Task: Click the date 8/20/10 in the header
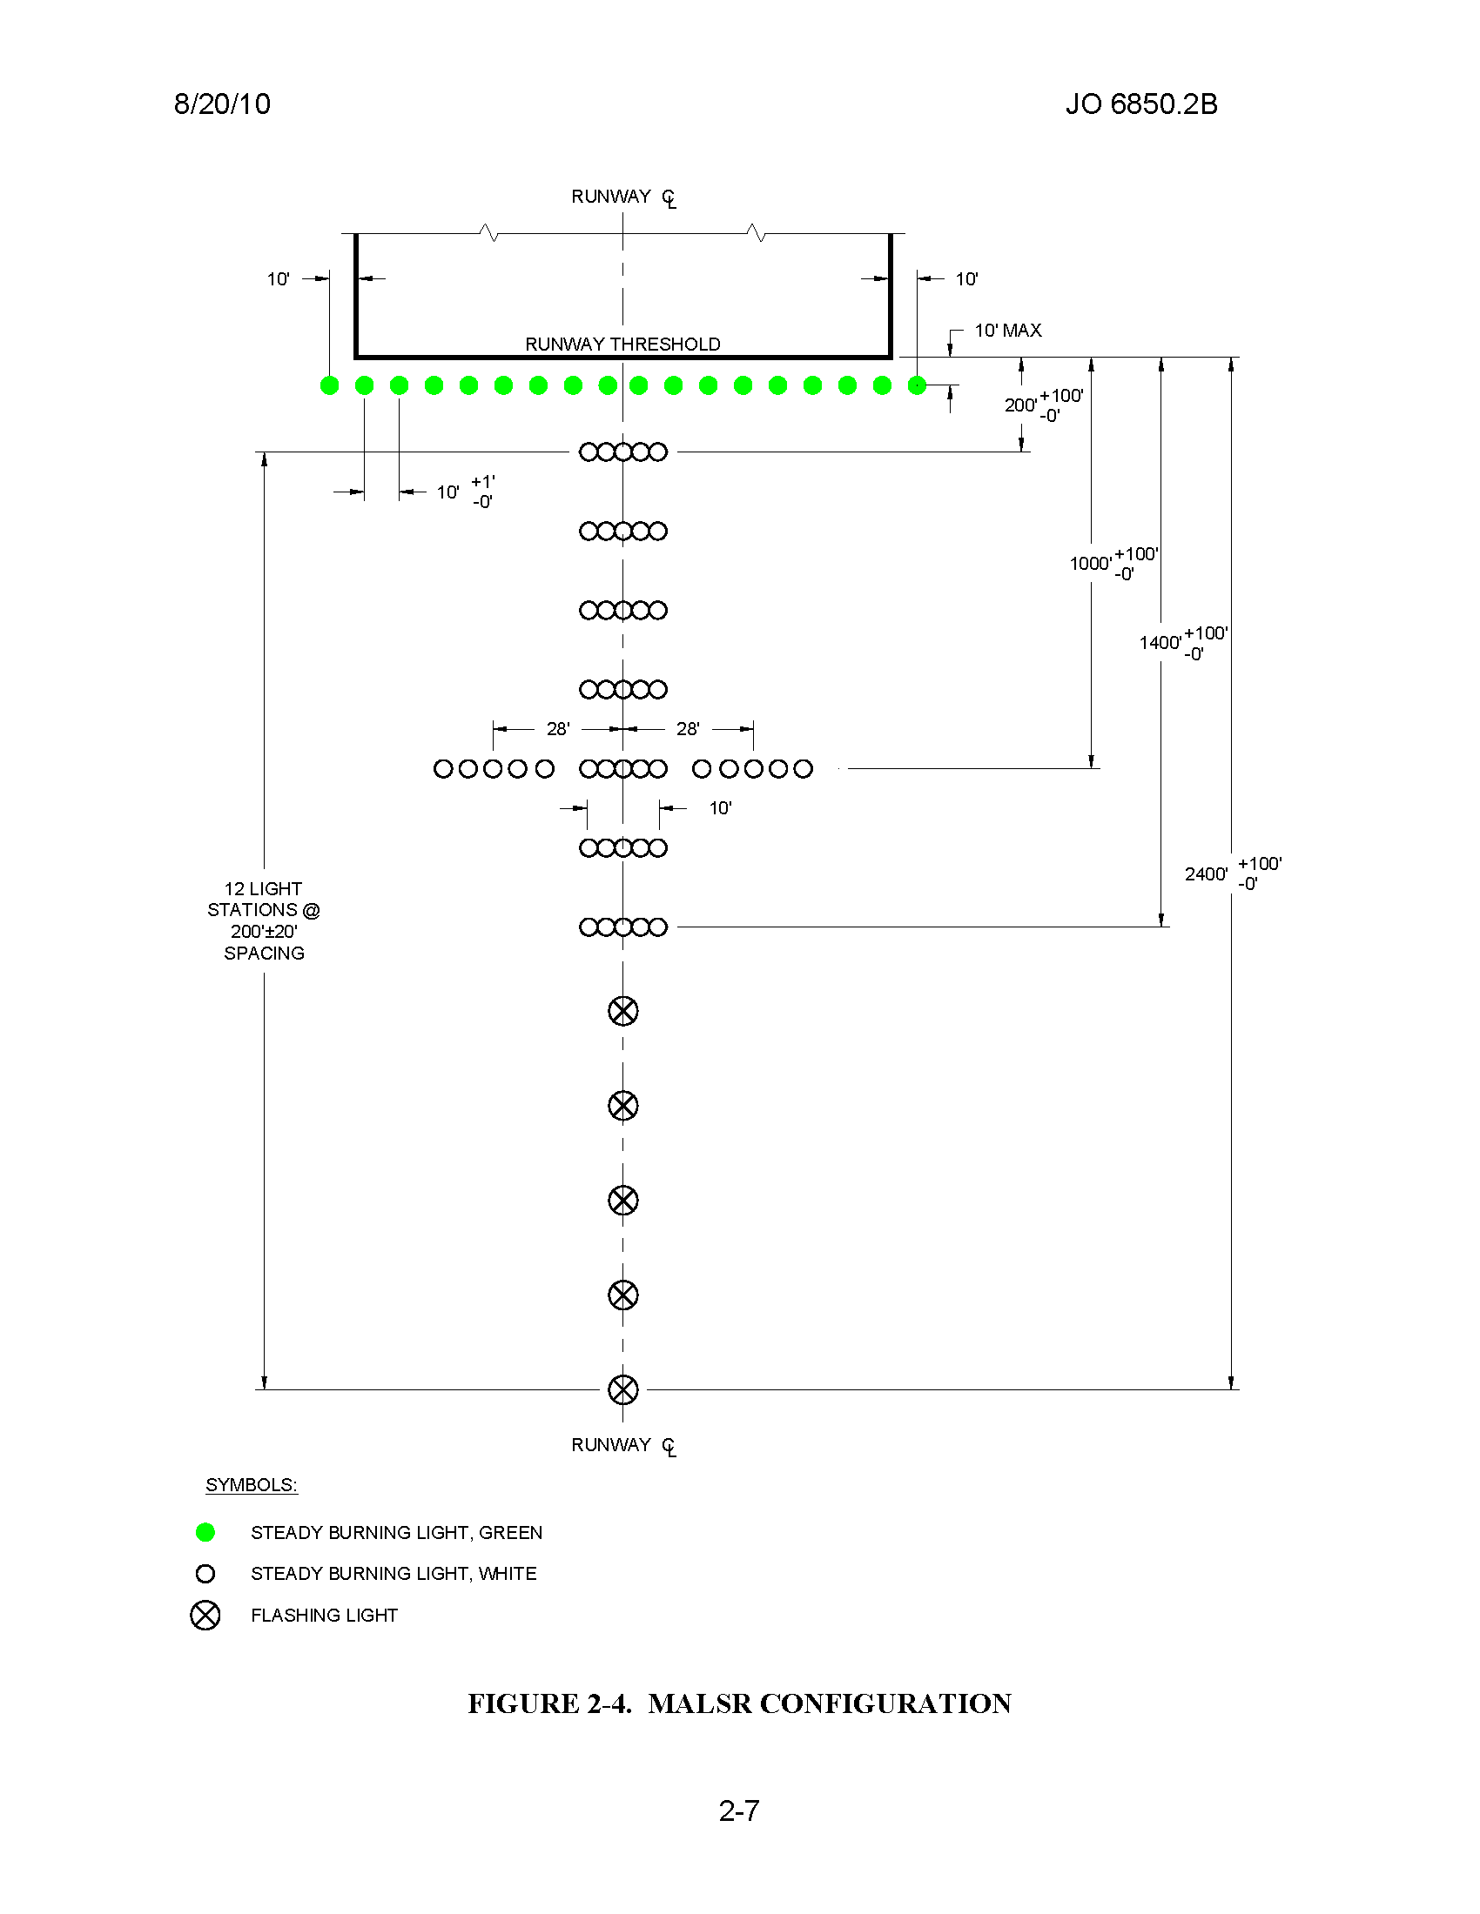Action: (222, 104)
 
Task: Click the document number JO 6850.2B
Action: (1140, 104)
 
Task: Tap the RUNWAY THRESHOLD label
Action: (622, 344)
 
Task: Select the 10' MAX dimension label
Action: (1008, 331)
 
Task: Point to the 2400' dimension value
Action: (1206, 873)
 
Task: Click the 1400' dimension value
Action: (1160, 642)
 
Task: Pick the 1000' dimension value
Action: (1090, 564)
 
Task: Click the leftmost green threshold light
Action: (330, 385)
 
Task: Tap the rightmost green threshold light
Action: (917, 385)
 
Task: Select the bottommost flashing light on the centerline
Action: (623, 1390)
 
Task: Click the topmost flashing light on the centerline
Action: (623, 1011)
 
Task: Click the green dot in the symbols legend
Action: (205, 1532)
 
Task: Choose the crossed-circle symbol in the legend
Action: (205, 1616)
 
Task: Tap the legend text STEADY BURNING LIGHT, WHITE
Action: (394, 1574)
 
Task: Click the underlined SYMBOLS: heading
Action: (252, 1485)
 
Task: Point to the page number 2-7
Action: (739, 1811)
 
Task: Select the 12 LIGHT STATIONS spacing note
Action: (264, 921)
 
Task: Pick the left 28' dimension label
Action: (558, 729)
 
